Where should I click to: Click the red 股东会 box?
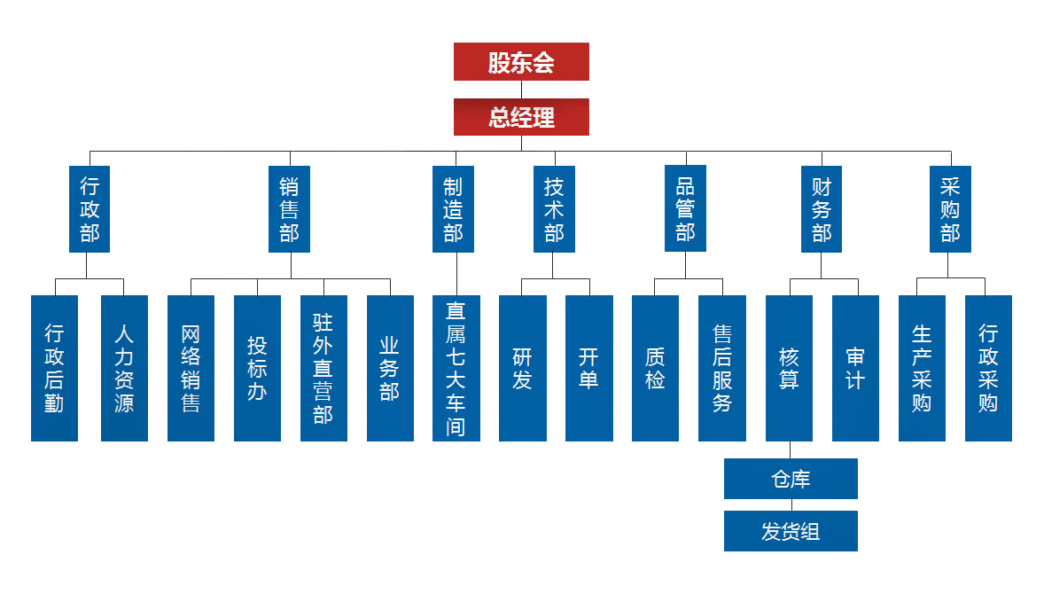521,62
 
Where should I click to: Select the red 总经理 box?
521,117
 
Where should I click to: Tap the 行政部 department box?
90,209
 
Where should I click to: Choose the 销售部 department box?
289,209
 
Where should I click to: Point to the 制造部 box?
454,209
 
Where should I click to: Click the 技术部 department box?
554,209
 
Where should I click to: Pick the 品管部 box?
685,208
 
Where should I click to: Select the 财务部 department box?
822,209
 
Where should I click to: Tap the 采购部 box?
950,209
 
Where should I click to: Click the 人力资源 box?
124,368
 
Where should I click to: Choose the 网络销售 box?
191,368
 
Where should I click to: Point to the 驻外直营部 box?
323,368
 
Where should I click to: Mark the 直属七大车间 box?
456,368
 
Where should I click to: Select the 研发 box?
523,368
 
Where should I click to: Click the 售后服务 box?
722,368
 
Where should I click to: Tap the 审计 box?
855,368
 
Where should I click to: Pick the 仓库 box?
791,479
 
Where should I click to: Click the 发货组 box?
791,531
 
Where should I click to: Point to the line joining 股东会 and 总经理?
521,90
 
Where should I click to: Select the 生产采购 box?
922,368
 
